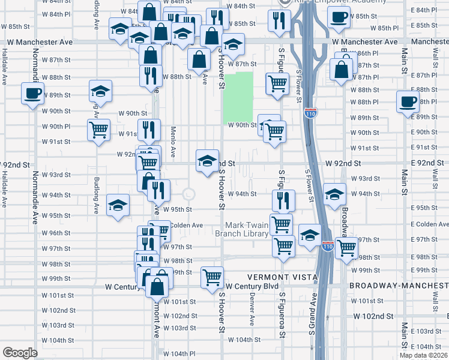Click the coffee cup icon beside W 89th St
pyautogui.click(x=32, y=94)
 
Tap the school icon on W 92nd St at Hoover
pyautogui.click(x=207, y=161)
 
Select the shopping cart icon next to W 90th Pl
pyautogui.click(x=98, y=129)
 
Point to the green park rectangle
pyautogui.click(x=238, y=98)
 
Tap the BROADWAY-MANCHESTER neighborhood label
pyautogui.click(x=399, y=286)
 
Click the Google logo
pyautogui.click(x=20, y=353)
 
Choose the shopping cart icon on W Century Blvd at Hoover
pyautogui.click(x=211, y=277)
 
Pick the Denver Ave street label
pyautogui.click(x=252, y=308)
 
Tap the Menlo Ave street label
pyautogui.click(x=173, y=144)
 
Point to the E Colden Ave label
pyautogui.click(x=431, y=224)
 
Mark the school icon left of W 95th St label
pyautogui.click(x=118, y=205)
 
